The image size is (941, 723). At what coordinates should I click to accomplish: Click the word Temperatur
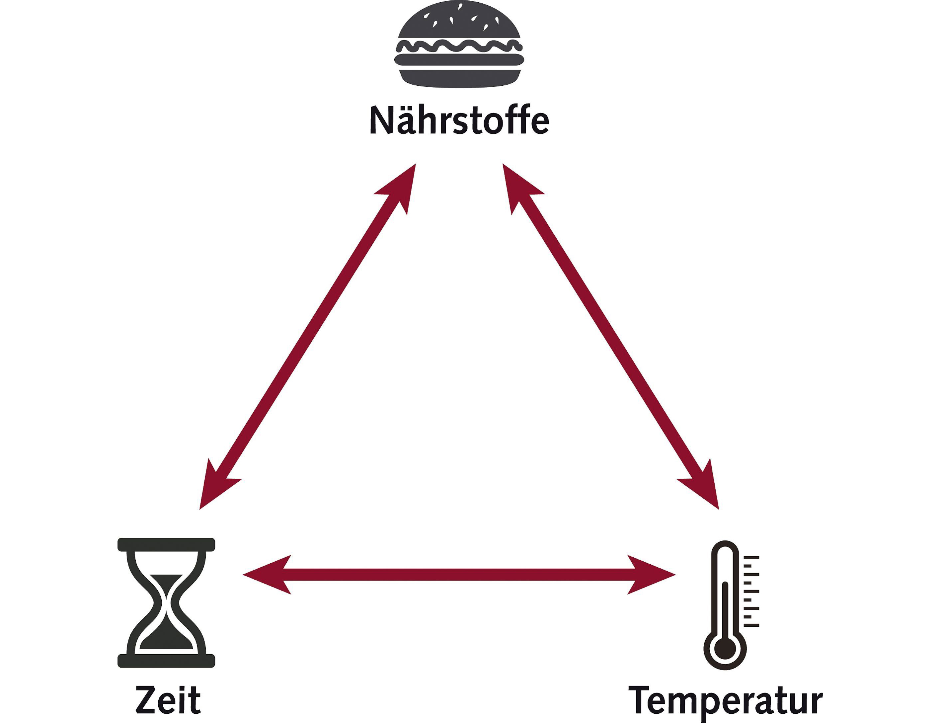click(726, 701)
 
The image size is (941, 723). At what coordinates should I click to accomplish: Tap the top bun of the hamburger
click(459, 22)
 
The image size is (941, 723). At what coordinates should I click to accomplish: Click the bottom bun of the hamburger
click(459, 79)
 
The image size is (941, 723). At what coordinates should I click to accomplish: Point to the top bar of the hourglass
click(166, 544)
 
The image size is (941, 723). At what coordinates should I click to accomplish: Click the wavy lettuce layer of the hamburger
click(459, 46)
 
